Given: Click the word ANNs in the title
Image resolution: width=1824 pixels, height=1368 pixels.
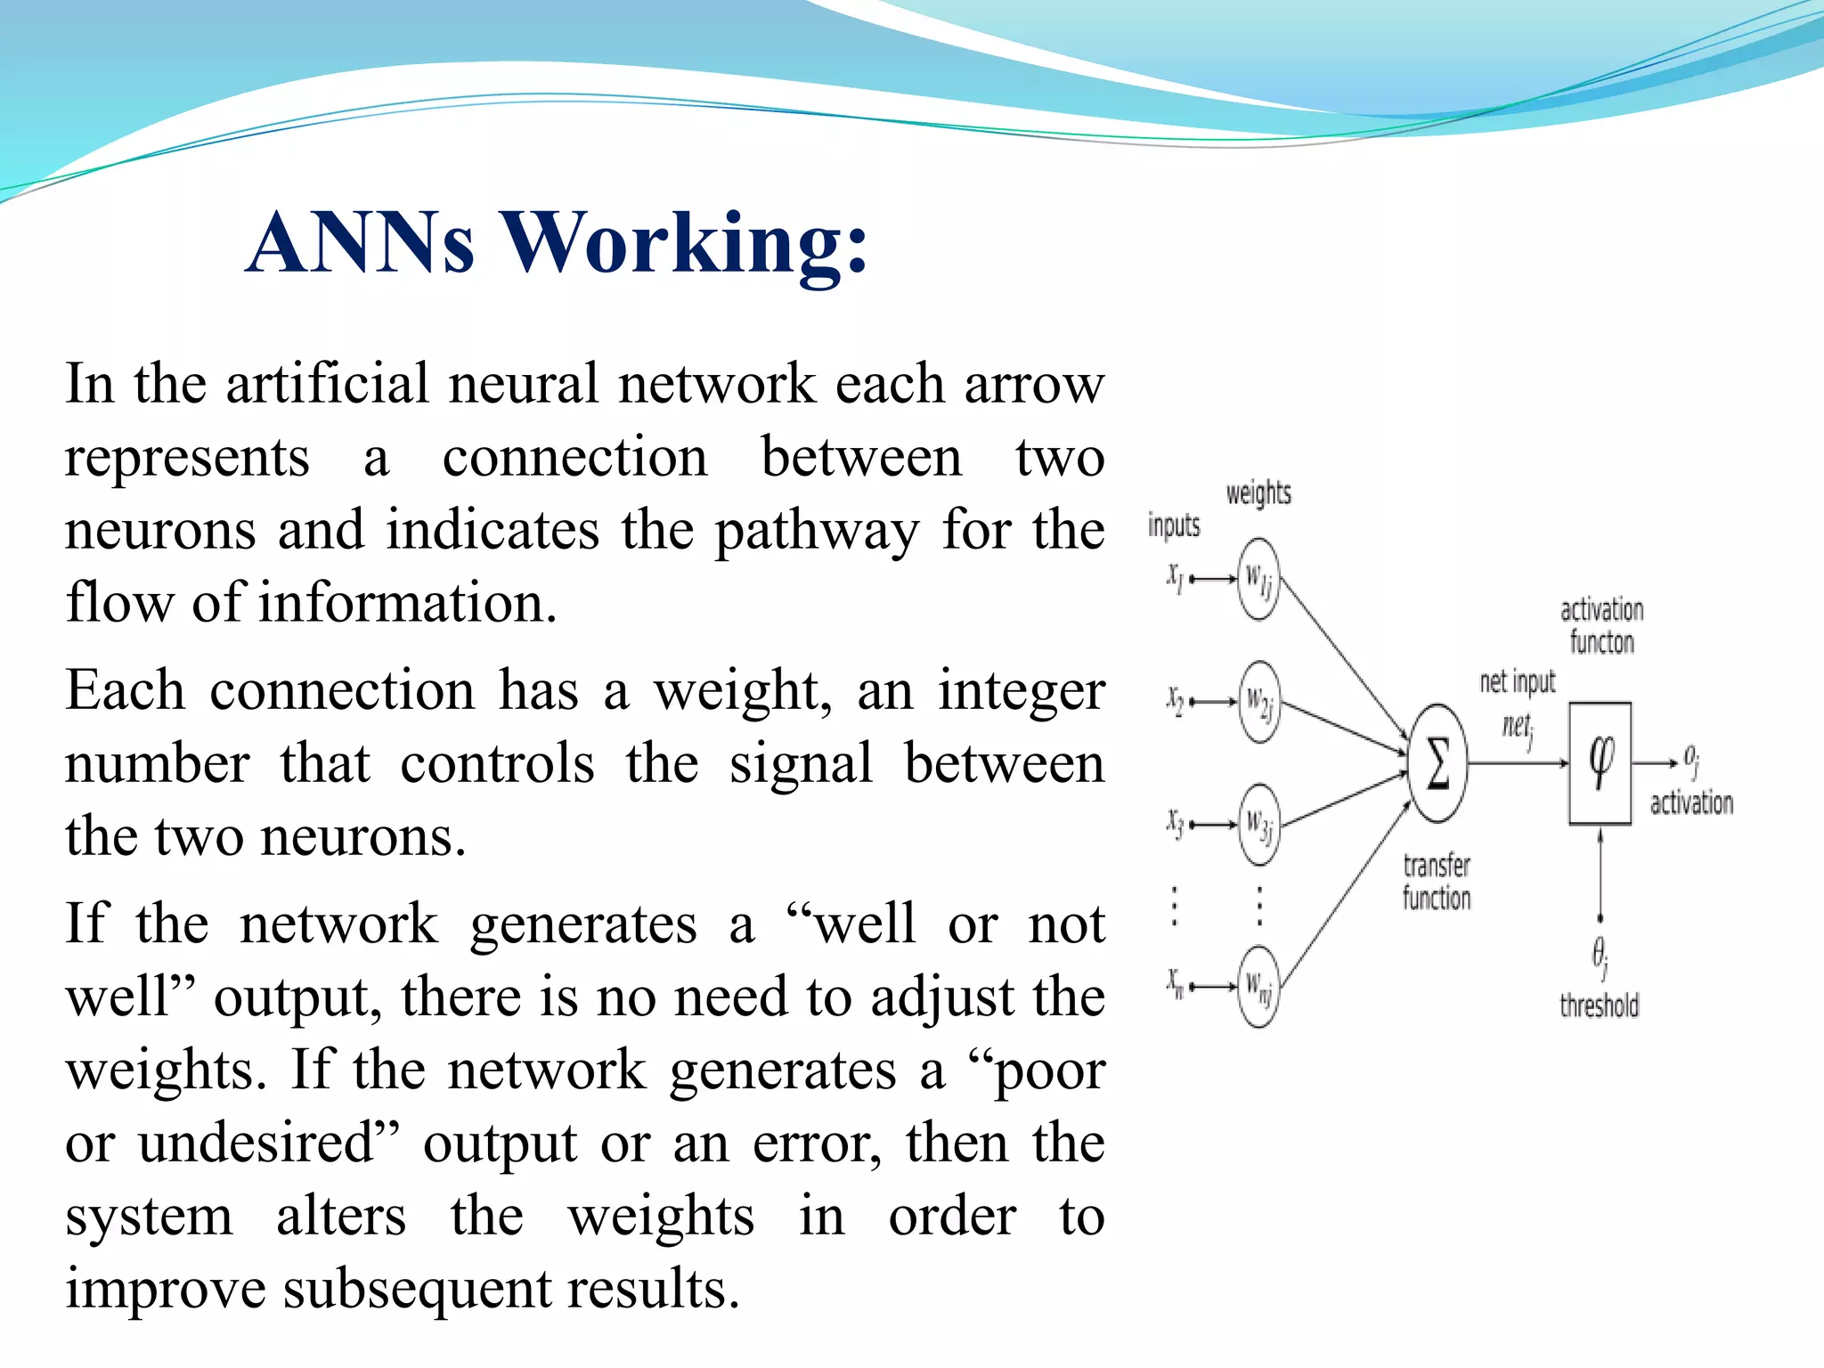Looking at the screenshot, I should pyautogui.click(x=361, y=242).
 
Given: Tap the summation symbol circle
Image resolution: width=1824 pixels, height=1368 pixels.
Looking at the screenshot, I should pyautogui.click(x=1437, y=763).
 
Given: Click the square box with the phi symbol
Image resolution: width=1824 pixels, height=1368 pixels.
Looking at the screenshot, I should pyautogui.click(x=1600, y=763).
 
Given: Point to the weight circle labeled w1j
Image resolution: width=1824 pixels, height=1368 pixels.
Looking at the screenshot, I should pyautogui.click(x=1258, y=579).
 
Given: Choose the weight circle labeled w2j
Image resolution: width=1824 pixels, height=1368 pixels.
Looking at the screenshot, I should pyautogui.click(x=1258, y=702).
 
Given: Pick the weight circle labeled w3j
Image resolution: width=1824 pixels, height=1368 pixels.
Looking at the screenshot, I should pyautogui.click(x=1258, y=825).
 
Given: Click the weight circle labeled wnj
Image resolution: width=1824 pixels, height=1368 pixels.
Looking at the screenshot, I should pyautogui.click(x=1258, y=986).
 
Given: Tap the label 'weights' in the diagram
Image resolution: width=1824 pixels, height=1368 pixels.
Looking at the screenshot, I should pyautogui.click(x=1258, y=493).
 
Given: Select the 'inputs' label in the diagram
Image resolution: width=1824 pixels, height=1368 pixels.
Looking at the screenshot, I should pyautogui.click(x=1173, y=525).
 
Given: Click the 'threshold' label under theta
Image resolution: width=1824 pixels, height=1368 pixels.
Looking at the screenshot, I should pyautogui.click(x=1599, y=1006).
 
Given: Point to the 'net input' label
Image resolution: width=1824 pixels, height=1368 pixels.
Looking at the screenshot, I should pyautogui.click(x=1517, y=682).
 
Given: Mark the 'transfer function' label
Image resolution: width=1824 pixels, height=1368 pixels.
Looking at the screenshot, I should pyautogui.click(x=1436, y=882).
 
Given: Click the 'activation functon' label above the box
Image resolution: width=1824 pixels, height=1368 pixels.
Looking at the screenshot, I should pyautogui.click(x=1601, y=626).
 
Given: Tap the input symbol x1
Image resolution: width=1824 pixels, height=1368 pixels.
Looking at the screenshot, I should pyautogui.click(x=1176, y=578).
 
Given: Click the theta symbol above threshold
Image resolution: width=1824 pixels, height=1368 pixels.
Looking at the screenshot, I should pyautogui.click(x=1600, y=955).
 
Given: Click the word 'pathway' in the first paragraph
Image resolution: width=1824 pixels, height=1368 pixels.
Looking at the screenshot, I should pyautogui.click(x=817, y=532).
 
